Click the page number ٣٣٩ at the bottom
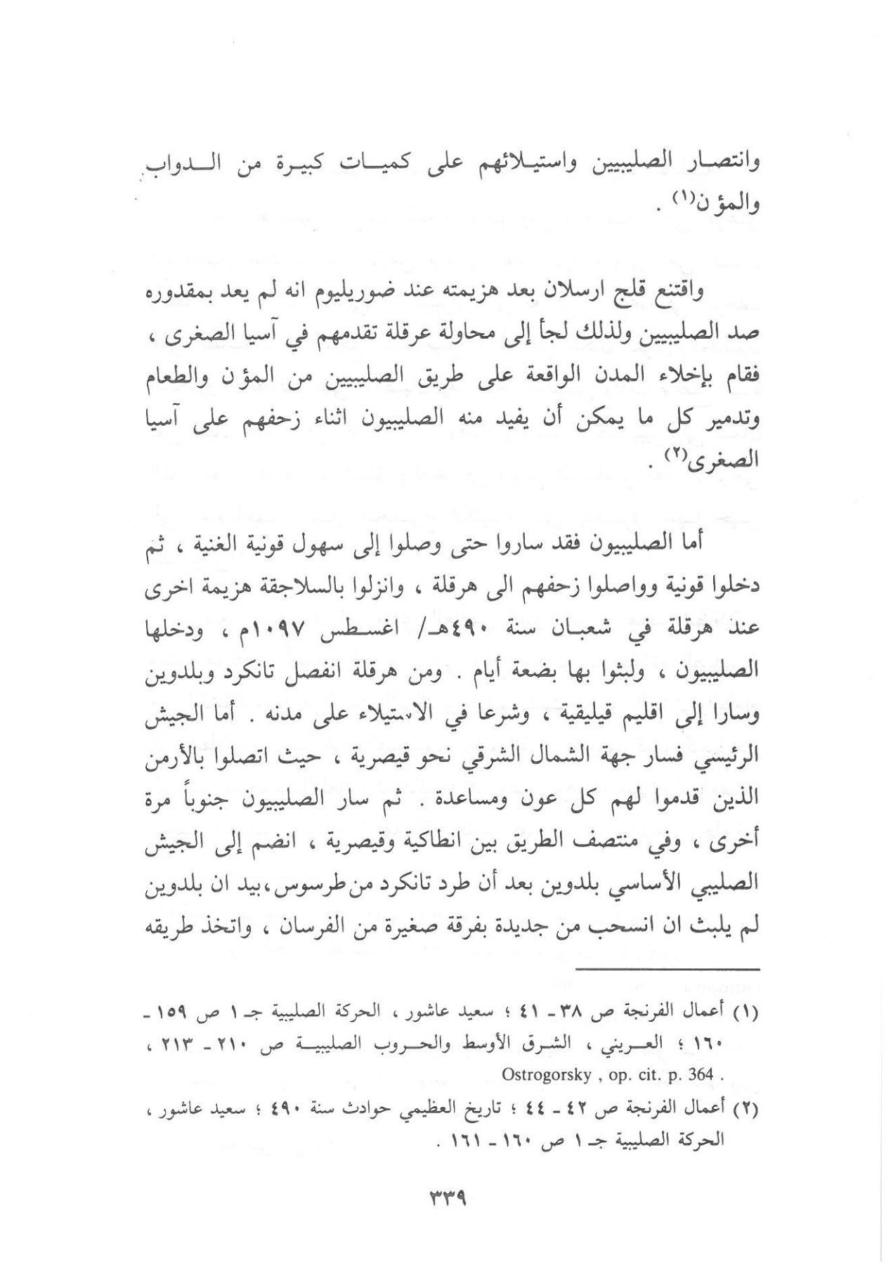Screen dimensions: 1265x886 click(x=447, y=1198)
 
